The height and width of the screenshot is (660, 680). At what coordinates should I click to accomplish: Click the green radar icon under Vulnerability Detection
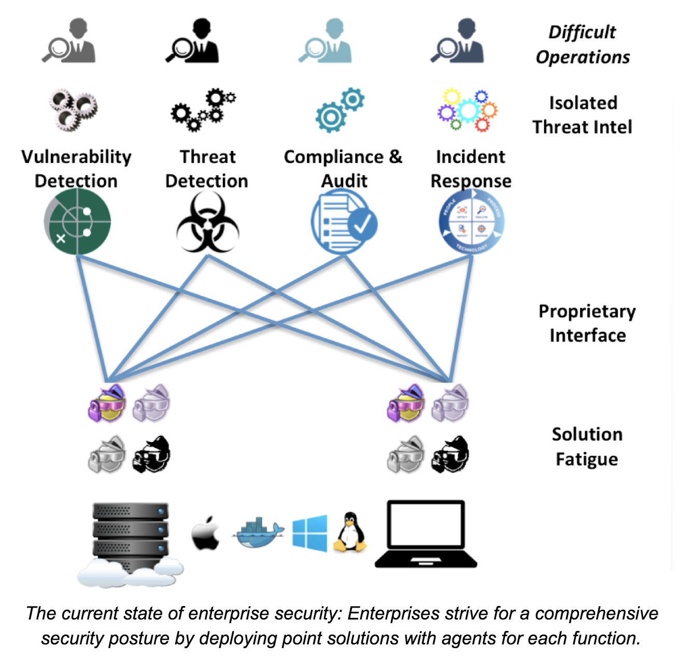point(77,222)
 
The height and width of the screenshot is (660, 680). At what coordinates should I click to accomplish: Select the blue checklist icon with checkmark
point(344,222)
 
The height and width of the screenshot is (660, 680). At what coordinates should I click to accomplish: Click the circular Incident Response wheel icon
point(471,222)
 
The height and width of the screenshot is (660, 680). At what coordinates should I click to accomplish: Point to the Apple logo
point(205,533)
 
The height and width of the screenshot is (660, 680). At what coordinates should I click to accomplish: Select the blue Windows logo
point(309,533)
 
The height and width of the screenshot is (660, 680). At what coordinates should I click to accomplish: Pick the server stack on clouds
point(130,542)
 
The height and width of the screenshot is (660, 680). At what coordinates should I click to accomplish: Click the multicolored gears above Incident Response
point(467,109)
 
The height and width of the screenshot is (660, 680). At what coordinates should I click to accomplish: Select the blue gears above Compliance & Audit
point(339,109)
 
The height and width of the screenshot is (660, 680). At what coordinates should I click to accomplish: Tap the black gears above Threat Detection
point(203,109)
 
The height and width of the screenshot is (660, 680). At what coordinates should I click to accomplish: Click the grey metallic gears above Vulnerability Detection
point(73,109)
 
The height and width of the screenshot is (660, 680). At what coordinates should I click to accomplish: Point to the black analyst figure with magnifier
point(193,41)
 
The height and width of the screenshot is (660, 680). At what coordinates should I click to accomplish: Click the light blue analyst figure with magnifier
point(325,41)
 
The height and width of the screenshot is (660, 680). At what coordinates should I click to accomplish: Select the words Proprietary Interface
point(587,323)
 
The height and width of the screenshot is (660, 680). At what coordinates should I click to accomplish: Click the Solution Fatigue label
point(587,446)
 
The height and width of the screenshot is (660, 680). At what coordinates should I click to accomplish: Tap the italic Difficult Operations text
point(583,44)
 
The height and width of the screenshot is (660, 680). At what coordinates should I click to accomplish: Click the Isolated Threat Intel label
point(583,115)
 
